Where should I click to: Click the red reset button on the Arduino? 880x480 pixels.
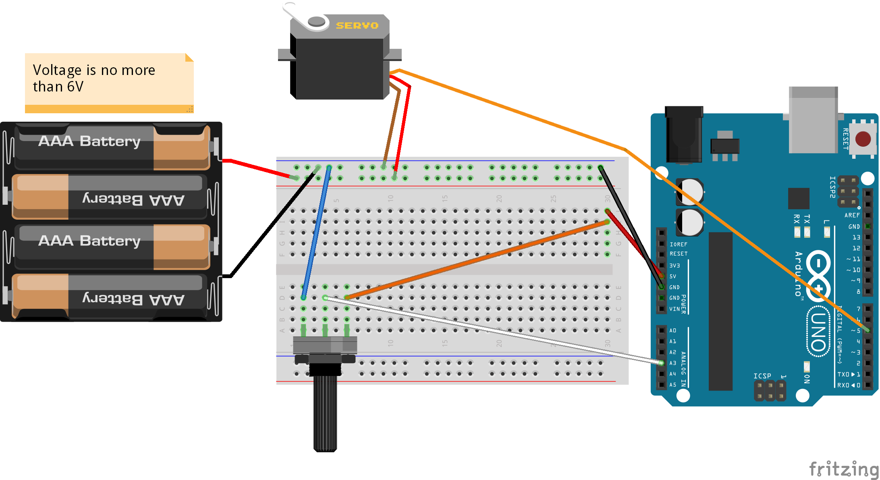pyautogui.click(x=863, y=139)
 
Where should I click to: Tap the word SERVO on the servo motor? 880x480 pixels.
pyautogui.click(x=357, y=25)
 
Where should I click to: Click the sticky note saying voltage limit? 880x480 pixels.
pyautogui.click(x=109, y=81)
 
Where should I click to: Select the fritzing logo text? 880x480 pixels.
pyautogui.click(x=844, y=469)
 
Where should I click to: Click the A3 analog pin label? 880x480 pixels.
pyautogui.click(x=673, y=363)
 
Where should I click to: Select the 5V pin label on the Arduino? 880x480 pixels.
pyautogui.click(x=673, y=276)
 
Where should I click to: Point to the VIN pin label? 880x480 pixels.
pyautogui.click(x=675, y=309)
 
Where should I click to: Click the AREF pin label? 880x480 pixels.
pyautogui.click(x=852, y=215)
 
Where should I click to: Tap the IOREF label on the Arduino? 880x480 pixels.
pyautogui.click(x=679, y=244)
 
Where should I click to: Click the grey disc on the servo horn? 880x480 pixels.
pyautogui.click(x=317, y=21)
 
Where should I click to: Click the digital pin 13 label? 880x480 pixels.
pyautogui.click(x=856, y=237)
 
